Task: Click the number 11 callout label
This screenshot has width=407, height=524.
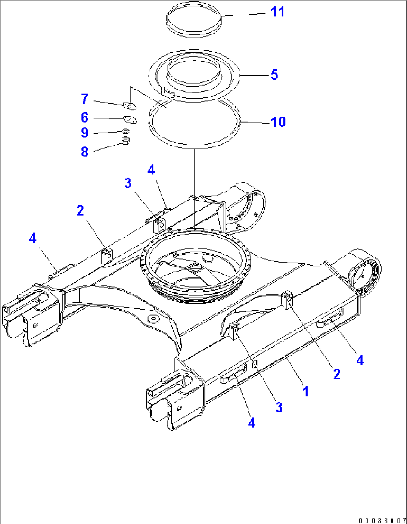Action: click(x=277, y=12)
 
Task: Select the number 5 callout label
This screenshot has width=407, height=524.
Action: click(x=274, y=75)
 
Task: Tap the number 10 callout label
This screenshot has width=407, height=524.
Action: click(x=278, y=122)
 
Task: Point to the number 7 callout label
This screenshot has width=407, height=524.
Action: click(x=85, y=99)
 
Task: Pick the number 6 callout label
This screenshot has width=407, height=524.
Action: click(x=85, y=118)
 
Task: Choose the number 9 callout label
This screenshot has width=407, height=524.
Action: click(x=85, y=133)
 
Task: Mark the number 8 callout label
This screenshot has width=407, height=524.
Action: click(x=85, y=152)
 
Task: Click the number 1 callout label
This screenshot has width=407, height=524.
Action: click(x=306, y=392)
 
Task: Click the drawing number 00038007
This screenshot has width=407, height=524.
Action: click(x=382, y=520)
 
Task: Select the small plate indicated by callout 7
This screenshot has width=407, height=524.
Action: click(x=129, y=107)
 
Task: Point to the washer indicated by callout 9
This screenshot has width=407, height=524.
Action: click(x=126, y=131)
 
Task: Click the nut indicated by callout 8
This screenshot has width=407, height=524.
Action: click(x=126, y=141)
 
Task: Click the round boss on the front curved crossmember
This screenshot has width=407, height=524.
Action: click(x=153, y=319)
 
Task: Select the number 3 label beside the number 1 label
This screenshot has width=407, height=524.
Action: click(x=279, y=407)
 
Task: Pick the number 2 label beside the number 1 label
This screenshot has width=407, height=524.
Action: click(x=337, y=374)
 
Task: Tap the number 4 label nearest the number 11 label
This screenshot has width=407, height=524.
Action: click(x=151, y=170)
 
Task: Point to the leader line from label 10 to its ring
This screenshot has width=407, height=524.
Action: click(x=255, y=122)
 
